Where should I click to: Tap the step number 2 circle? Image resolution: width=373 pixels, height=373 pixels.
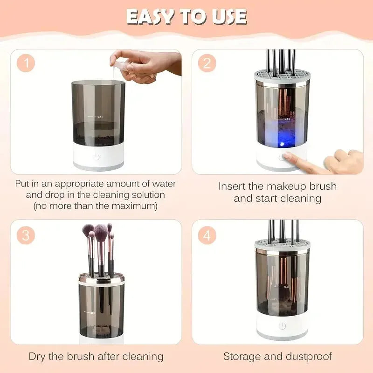pyautogui.click(x=207, y=63)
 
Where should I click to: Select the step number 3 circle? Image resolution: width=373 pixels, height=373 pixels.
pyautogui.click(x=26, y=235)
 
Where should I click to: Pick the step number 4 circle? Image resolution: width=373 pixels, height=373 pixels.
pyautogui.click(x=207, y=235)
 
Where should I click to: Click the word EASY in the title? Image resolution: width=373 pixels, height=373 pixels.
pyautogui.click(x=149, y=17)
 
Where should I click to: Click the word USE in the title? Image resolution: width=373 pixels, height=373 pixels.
pyautogui.click(x=228, y=17)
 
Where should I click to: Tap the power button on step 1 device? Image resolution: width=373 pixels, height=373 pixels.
pyautogui.click(x=97, y=157)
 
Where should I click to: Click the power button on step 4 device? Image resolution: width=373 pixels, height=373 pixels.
pyautogui.click(x=282, y=325)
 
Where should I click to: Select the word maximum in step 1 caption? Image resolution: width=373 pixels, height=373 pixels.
pyautogui.click(x=134, y=205)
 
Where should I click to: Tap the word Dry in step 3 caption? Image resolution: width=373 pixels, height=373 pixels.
pyautogui.click(x=38, y=357)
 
